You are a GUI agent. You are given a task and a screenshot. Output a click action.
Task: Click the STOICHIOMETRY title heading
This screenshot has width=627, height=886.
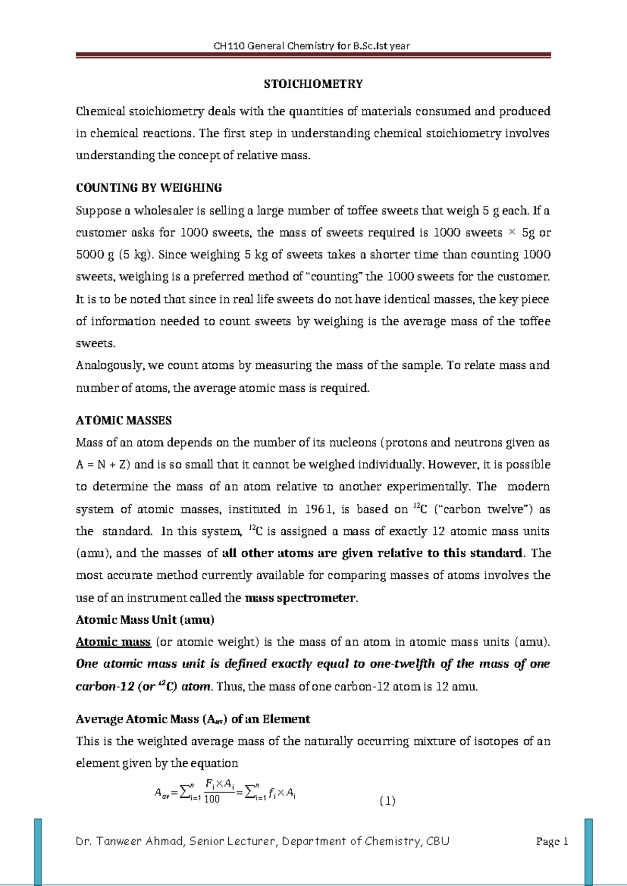click(313, 84)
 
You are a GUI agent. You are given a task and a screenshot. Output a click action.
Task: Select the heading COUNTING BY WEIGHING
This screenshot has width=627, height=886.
click(149, 188)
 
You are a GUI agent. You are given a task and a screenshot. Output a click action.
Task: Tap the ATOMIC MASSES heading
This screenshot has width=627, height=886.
click(124, 421)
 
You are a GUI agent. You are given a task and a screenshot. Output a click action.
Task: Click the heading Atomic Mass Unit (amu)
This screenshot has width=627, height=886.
click(145, 620)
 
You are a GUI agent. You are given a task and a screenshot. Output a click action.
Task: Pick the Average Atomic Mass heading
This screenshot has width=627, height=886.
click(193, 719)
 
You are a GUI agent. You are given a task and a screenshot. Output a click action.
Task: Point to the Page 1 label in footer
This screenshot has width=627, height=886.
click(552, 842)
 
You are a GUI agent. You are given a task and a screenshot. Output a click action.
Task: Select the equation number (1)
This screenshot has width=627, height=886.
click(387, 801)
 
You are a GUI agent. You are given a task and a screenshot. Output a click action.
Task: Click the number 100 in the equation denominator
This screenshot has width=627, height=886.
click(212, 799)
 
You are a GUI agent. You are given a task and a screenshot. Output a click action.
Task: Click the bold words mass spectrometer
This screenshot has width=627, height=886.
click(300, 598)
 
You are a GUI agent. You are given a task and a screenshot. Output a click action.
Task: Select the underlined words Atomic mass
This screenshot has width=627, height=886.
click(113, 642)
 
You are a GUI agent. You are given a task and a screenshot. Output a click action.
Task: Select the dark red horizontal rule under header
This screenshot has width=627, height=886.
click(313, 55)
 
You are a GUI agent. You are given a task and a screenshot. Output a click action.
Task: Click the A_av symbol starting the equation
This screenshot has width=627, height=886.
click(162, 794)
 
